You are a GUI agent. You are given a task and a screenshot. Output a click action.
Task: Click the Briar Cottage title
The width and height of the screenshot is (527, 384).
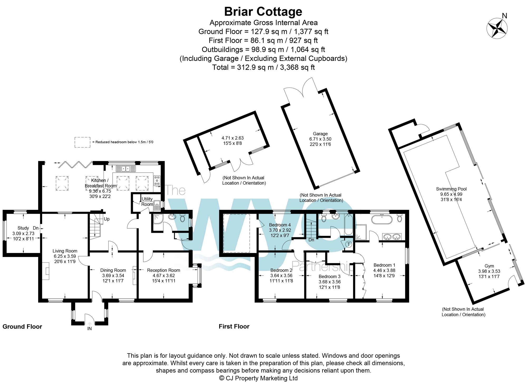click(x=263, y=12)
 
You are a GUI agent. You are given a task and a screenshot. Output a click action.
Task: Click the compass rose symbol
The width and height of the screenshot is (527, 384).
click(x=497, y=28)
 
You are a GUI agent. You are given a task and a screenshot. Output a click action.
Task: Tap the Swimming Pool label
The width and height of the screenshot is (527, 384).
click(x=451, y=189)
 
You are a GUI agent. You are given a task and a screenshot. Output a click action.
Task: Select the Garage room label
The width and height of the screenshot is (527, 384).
click(x=320, y=134)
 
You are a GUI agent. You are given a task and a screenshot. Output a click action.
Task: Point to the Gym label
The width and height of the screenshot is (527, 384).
click(x=489, y=266)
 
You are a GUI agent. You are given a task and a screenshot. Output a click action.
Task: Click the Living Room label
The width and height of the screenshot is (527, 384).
click(x=65, y=251)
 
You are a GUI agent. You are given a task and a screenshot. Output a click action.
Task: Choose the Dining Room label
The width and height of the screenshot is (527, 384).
click(x=113, y=270)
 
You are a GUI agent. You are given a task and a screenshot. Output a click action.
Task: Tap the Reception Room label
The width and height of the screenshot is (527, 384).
click(x=163, y=270)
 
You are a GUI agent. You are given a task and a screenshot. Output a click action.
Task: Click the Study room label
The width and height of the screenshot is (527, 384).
click(x=23, y=228)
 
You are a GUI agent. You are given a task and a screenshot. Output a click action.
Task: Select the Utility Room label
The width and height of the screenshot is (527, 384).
click(x=147, y=201)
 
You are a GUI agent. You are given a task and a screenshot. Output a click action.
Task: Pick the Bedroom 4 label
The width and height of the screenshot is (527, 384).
click(x=280, y=225)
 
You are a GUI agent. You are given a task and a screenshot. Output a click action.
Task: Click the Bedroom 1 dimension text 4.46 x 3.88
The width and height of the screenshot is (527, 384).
click(x=384, y=270)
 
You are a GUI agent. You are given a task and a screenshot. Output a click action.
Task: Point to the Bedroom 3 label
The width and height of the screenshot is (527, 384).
click(x=329, y=276)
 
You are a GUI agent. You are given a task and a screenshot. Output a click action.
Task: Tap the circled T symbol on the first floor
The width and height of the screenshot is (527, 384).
click(x=349, y=244)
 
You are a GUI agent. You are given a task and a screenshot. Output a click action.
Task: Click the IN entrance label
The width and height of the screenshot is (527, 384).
click(x=90, y=329)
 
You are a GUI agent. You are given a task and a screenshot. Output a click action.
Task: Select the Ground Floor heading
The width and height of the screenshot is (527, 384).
click(x=22, y=327)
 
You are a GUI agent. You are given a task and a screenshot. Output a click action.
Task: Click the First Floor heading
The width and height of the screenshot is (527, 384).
click(x=234, y=326)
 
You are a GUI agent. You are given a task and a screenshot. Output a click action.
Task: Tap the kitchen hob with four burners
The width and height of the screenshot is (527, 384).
click(x=157, y=180)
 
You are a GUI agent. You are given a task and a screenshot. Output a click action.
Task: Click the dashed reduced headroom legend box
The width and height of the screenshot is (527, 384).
click(x=82, y=142)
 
